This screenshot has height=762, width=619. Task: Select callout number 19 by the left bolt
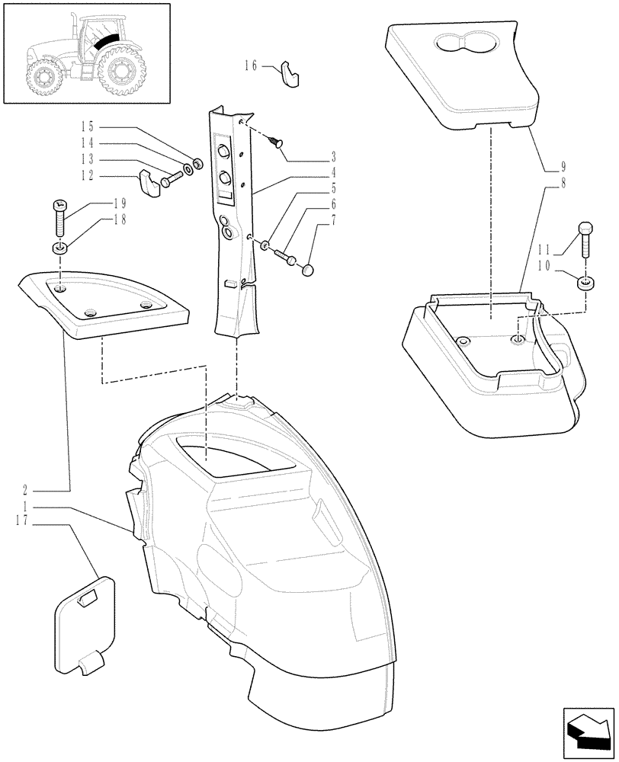[x=119, y=203]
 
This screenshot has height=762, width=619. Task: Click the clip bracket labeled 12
[x=149, y=185]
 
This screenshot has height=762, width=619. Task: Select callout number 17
[x=22, y=520]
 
